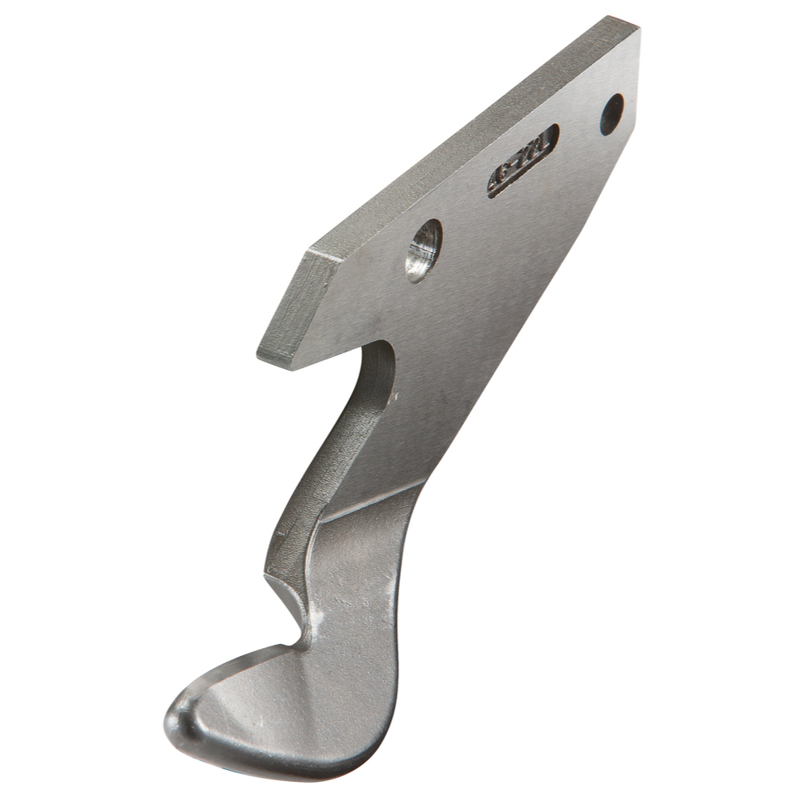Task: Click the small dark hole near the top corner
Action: pyautogui.click(x=611, y=115)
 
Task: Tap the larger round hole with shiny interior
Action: pyautogui.click(x=423, y=249)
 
